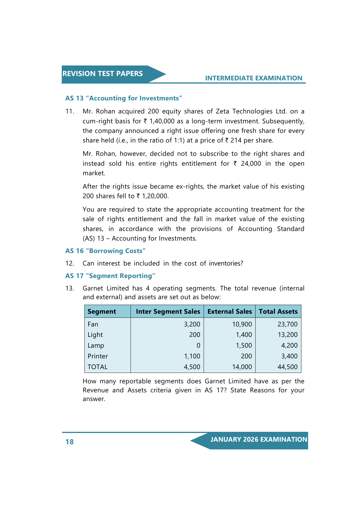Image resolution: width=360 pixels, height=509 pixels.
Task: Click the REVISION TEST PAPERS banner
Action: (103, 74)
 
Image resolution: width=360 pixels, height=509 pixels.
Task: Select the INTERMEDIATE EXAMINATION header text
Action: (254, 78)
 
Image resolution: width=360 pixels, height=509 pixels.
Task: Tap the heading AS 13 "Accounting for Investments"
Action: (124, 98)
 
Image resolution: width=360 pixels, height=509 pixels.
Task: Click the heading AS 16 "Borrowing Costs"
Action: (105, 251)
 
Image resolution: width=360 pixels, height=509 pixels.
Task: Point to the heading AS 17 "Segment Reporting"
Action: (110, 276)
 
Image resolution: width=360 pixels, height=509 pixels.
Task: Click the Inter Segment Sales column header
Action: (168, 311)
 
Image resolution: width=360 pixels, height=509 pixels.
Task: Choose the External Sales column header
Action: (229, 311)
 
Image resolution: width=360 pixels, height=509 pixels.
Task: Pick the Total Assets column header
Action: (278, 311)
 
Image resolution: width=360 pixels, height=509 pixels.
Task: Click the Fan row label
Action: (93, 324)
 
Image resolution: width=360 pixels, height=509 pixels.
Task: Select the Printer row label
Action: (98, 356)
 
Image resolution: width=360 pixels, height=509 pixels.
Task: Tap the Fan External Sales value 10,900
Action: (242, 324)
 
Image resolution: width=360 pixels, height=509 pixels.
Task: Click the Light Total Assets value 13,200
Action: (287, 335)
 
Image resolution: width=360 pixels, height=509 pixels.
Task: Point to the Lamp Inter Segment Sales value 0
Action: (198, 345)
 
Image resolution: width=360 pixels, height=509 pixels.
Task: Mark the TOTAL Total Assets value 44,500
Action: (287, 367)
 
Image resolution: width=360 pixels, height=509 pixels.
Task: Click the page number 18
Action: (70, 442)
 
